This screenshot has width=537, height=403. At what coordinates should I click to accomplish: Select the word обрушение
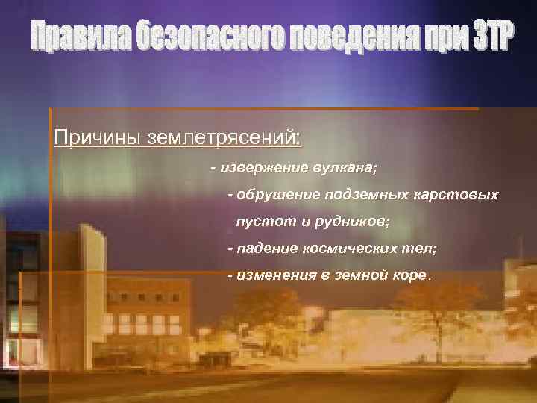275,195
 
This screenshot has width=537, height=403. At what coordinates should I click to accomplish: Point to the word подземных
365,195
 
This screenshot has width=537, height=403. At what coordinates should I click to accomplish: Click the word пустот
258,222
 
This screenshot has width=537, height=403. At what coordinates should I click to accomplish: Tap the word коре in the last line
411,275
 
